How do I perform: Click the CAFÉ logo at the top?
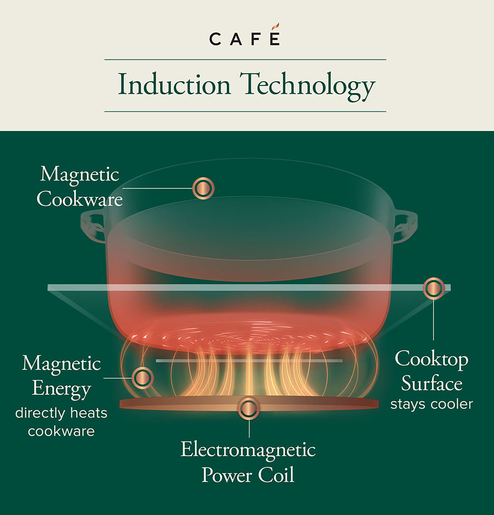point(245,38)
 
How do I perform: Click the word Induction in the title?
point(174,85)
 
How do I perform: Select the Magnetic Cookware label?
point(80,187)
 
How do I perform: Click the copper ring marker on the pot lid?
point(203,188)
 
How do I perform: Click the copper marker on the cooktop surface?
point(434,288)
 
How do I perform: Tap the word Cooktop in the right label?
point(431,359)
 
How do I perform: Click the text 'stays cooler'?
point(431,404)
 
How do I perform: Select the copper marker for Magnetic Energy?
point(142,378)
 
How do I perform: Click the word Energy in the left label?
point(61,388)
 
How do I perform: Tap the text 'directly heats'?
point(61,413)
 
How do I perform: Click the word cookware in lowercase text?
point(61,431)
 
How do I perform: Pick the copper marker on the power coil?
point(249,408)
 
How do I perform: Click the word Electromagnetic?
point(248,450)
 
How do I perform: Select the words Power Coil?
point(248,475)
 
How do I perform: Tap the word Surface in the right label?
point(431,384)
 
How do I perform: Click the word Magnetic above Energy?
point(61,363)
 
